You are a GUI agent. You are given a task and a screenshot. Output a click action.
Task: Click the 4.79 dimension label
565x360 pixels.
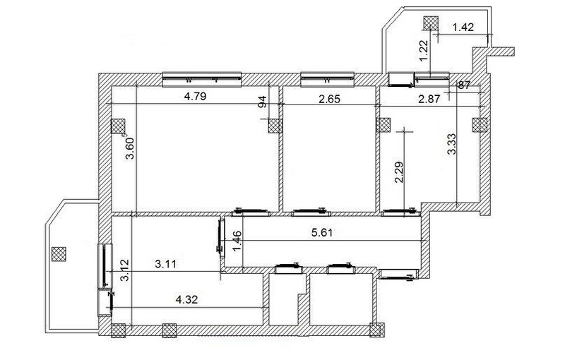tap(195, 97)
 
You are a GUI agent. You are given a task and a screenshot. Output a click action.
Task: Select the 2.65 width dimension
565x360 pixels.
tap(329, 99)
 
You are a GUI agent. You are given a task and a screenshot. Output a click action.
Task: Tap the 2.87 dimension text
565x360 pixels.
tap(429, 99)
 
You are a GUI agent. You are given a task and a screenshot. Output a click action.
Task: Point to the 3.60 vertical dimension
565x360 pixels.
tap(130, 148)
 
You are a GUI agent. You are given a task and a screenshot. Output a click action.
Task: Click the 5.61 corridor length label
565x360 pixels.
tap(322, 232)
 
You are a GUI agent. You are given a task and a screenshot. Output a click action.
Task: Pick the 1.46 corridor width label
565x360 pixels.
tap(237, 241)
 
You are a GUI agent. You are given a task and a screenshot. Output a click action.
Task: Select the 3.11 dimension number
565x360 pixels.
tap(166, 264)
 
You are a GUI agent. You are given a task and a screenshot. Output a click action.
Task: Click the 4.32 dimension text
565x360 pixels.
tap(186, 299)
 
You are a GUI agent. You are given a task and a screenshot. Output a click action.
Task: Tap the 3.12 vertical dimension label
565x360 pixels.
tap(125, 270)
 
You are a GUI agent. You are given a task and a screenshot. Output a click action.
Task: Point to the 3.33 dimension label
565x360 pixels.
tap(451, 144)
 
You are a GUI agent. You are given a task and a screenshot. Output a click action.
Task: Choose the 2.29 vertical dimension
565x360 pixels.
tap(399, 172)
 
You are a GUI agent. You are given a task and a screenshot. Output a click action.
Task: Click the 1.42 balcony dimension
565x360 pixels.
tap(463, 28)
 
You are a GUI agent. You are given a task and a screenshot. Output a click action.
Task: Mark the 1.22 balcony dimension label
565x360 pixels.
tap(424, 49)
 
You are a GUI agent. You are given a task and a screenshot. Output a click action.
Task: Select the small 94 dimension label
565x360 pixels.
tap(263, 102)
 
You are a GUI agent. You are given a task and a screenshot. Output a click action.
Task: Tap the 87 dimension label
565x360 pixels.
tap(464, 85)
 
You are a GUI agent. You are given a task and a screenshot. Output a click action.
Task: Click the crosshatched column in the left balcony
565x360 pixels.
tap(59, 254)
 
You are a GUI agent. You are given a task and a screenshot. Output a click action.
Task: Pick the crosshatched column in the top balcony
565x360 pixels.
tap(431, 24)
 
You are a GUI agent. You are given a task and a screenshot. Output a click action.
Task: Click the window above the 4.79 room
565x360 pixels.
tap(202, 79)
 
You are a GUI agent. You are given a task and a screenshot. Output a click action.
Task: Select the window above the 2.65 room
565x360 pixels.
tap(327, 79)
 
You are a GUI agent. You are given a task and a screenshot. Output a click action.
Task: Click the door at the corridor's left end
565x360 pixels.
tap(221, 238)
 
